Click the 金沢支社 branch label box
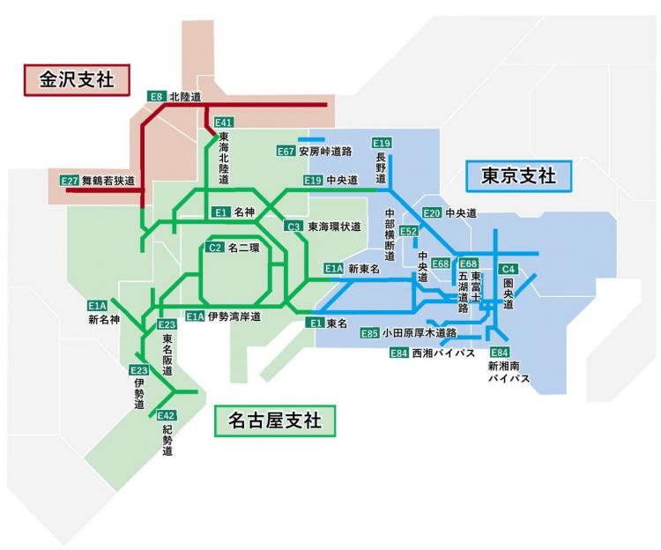[x=77, y=80]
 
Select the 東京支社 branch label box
[x=518, y=176]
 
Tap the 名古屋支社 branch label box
[x=275, y=420]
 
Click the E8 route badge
[x=156, y=96]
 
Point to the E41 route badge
[x=224, y=123]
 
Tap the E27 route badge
[x=69, y=181]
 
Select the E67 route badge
[x=286, y=151]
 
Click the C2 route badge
[x=214, y=248]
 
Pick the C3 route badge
[x=293, y=227]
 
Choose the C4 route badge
[x=508, y=269]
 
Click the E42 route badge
[x=166, y=415]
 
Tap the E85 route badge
[x=369, y=333]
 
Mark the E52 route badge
[x=408, y=231]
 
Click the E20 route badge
[x=432, y=213]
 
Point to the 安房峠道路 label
[x=325, y=152]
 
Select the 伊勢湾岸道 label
[x=234, y=316]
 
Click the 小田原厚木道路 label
[x=420, y=333]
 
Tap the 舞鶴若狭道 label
[x=108, y=181]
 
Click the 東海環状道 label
[x=334, y=227]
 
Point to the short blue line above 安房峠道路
[x=311, y=139]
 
